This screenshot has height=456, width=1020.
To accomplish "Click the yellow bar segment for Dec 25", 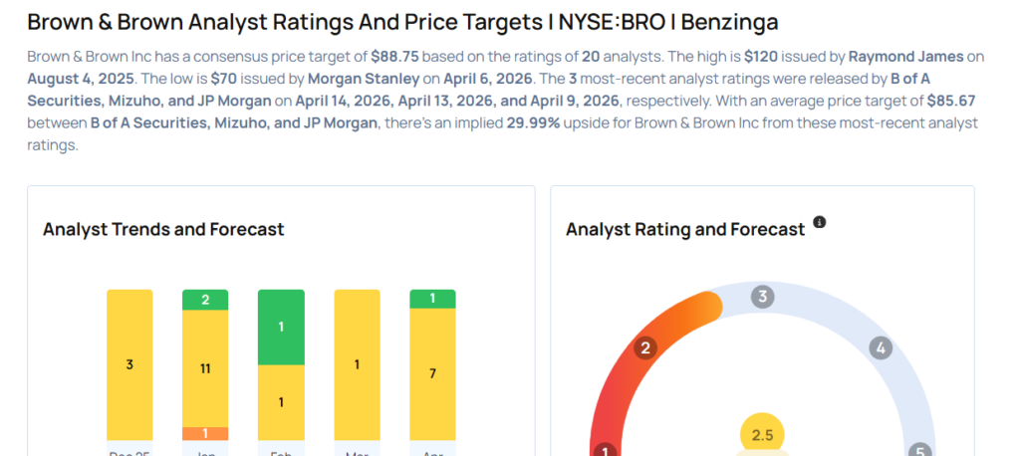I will click(129, 364).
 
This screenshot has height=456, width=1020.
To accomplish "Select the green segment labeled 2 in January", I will click(205, 300).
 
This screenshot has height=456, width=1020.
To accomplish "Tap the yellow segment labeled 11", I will click(205, 367).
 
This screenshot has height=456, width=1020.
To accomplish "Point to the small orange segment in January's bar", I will click(205, 433).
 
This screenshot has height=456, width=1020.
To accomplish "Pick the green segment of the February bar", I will click(281, 327).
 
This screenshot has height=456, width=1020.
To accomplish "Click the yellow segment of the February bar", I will click(281, 401).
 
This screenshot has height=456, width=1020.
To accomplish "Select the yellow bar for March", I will click(357, 364).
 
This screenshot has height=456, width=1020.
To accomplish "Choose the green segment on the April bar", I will click(432, 299).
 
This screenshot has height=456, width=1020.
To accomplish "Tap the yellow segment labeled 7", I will click(432, 372).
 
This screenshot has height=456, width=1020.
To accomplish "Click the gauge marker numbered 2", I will click(645, 347).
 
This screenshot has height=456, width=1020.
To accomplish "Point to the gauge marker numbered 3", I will click(763, 296).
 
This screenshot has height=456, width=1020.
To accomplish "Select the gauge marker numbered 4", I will click(880, 347).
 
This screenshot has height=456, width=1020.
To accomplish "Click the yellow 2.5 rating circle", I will click(763, 434).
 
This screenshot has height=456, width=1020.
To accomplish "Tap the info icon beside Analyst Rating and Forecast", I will click(820, 222).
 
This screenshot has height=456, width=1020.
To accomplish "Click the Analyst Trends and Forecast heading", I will click(163, 229).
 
